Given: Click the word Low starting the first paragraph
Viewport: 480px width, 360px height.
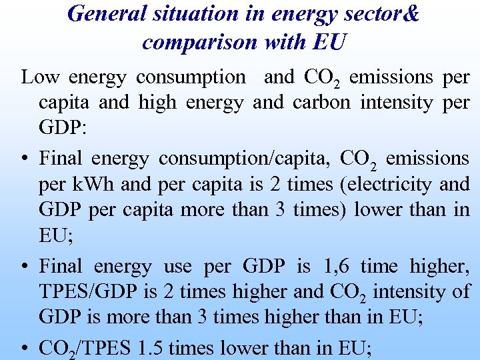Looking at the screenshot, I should pyautogui.click(x=37, y=77).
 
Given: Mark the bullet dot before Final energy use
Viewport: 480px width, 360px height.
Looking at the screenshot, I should pyautogui.click(x=25, y=267).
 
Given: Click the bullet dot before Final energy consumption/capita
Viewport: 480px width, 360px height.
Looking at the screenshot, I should pyautogui.click(x=25, y=159).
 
